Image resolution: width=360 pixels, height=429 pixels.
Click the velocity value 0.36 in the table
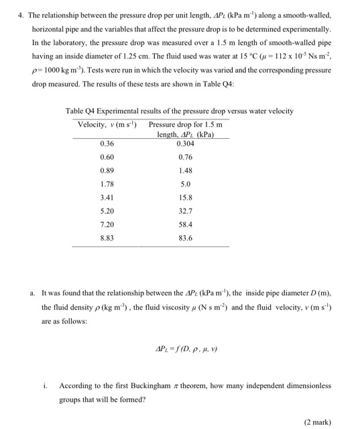tap(106, 143)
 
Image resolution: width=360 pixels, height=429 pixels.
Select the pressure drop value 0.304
tap(186, 143)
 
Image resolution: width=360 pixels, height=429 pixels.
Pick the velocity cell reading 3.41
tap(106, 198)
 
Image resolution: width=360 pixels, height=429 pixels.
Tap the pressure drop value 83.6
tap(186, 237)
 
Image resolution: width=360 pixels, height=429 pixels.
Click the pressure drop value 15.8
tap(186, 198)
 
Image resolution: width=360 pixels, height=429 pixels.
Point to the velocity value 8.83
tap(106, 237)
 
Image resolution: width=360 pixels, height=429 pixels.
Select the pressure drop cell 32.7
tap(186, 210)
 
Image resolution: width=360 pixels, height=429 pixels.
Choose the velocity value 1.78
tap(106, 184)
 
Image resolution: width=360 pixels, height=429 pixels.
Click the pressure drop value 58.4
tap(186, 224)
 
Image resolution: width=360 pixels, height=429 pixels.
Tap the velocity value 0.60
tap(106, 158)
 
